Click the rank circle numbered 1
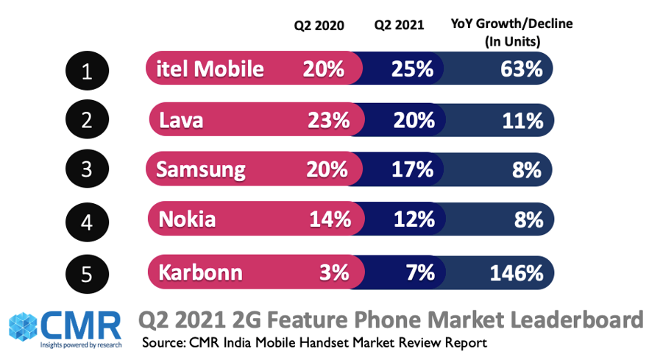[87, 71]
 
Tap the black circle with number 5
[87, 273]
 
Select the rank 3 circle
[87, 170]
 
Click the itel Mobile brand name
[210, 69]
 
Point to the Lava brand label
[181, 119]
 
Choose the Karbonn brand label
[200, 273]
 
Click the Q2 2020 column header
[319, 25]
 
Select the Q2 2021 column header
[399, 25]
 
